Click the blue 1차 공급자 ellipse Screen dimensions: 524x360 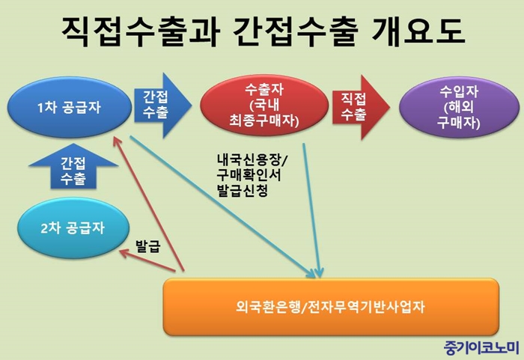(x=70, y=107)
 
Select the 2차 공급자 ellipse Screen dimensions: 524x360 (x=73, y=228)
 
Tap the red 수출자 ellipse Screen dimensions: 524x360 (x=264, y=105)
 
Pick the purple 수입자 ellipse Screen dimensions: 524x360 (x=459, y=107)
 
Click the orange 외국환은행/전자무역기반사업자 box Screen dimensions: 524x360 (x=331, y=307)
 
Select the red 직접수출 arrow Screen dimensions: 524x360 (x=361, y=107)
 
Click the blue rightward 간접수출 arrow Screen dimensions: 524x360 (x=162, y=106)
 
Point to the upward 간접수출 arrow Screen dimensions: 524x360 (x=73, y=166)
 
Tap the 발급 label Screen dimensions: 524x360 (x=148, y=246)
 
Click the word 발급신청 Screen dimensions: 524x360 (x=243, y=191)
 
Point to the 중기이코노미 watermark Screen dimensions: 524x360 (x=482, y=348)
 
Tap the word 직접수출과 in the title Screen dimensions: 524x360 (x=141, y=31)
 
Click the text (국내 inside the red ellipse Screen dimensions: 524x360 (x=264, y=105)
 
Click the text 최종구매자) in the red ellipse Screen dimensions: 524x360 (x=264, y=120)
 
